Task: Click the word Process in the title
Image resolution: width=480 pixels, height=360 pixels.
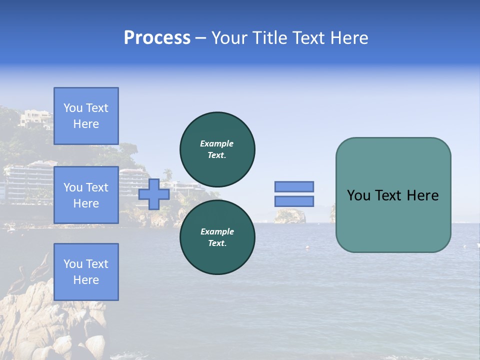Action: (x=157, y=38)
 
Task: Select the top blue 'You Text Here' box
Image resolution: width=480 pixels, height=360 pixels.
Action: (x=86, y=116)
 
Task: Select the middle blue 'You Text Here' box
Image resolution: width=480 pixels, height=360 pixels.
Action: (x=86, y=195)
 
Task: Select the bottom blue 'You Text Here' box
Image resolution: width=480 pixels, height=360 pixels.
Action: (x=86, y=272)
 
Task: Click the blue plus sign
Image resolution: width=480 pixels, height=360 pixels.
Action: (x=154, y=194)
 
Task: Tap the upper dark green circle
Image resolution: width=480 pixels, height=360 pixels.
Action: (x=217, y=149)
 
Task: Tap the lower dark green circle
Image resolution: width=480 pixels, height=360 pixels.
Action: (x=217, y=237)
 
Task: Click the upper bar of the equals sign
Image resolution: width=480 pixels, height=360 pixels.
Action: (x=294, y=186)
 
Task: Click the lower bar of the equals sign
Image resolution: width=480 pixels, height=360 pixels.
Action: (x=294, y=201)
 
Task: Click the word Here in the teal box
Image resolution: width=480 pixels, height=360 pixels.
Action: (x=422, y=195)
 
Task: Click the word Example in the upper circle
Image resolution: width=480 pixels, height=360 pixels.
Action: (x=216, y=143)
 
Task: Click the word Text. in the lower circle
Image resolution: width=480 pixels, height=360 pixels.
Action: (x=216, y=243)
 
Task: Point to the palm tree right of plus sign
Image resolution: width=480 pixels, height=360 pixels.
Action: (x=168, y=173)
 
